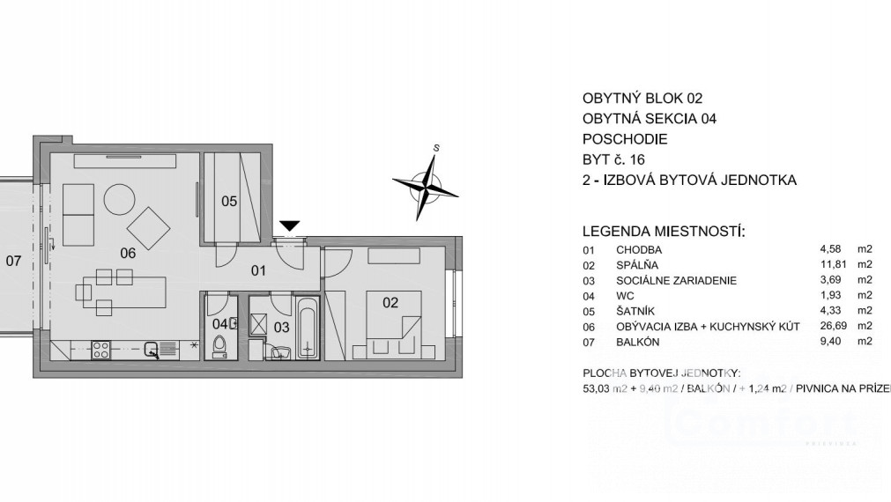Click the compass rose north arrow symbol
point(426,182)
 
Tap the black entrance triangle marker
point(289,227)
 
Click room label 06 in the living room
point(129,253)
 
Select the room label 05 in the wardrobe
point(229,202)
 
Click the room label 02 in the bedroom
point(390,303)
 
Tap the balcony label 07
point(13,261)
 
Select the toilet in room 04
point(219,345)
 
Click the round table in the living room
point(120,200)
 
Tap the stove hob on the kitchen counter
point(99,349)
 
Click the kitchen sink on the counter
point(153,350)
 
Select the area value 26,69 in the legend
point(833,327)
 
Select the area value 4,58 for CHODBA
point(832,249)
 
